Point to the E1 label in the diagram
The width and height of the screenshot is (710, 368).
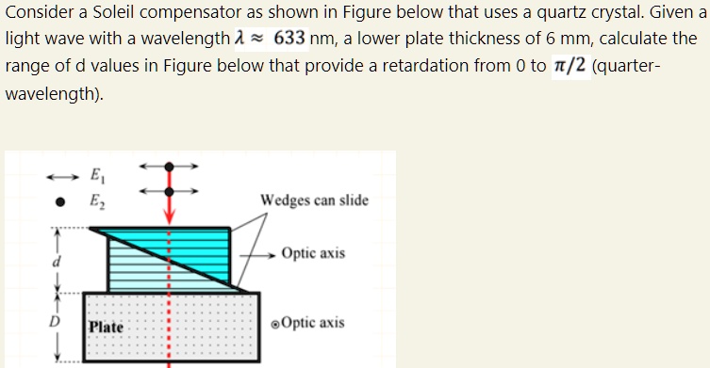click(96, 173)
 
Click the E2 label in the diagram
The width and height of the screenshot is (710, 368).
click(96, 200)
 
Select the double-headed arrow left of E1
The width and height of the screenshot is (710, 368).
click(59, 174)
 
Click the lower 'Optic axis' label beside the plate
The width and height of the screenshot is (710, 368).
click(311, 323)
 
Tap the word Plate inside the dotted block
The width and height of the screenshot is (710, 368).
click(107, 327)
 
